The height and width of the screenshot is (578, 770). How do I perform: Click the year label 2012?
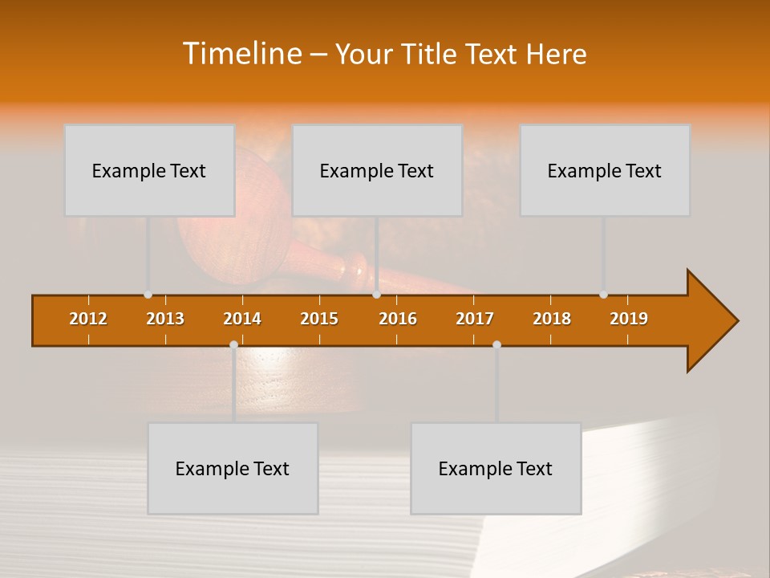88,319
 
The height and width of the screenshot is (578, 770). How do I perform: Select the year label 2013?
165,319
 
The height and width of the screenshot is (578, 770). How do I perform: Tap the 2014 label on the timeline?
242,319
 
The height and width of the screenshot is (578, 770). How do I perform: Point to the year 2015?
319,319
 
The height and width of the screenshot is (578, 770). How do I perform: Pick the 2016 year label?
398,319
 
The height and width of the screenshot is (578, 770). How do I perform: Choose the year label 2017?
475,319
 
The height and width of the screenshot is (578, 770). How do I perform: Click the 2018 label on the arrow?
552,319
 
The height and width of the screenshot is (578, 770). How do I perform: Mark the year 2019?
629,319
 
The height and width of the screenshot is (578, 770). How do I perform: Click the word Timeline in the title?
242,54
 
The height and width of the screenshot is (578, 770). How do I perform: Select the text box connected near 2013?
149,170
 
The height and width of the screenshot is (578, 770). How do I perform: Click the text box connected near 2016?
377,170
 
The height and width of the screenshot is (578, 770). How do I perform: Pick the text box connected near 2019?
605,170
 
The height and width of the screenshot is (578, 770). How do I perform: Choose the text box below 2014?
233,468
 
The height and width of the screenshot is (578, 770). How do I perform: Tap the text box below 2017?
496,468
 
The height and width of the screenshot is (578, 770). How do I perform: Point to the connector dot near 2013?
148,295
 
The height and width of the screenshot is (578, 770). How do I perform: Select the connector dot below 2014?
233,344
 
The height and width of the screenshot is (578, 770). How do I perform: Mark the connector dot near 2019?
603,295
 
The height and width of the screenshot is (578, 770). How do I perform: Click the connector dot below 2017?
496,344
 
